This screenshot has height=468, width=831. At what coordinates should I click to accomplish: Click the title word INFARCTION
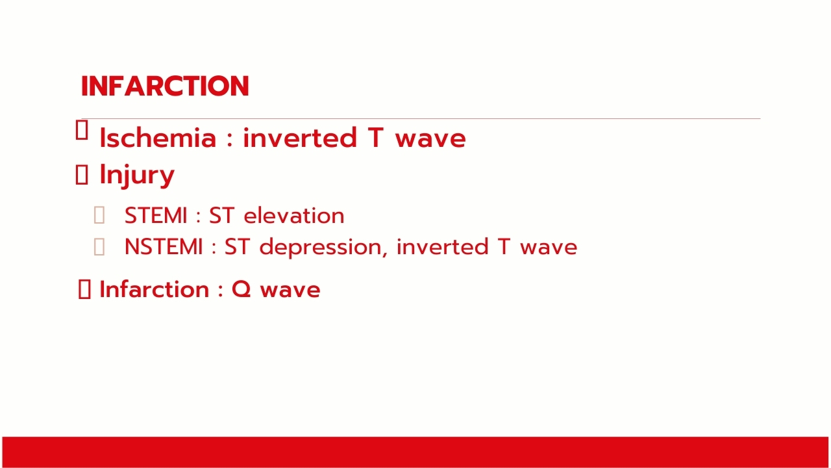(x=165, y=86)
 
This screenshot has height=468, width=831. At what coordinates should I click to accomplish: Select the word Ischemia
(x=158, y=138)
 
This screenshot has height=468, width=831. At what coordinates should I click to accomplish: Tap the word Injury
(x=137, y=175)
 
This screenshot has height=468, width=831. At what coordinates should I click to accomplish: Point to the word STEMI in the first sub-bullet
(x=156, y=215)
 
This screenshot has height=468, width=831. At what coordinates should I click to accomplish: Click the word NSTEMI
(x=164, y=246)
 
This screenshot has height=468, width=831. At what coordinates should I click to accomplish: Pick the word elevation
(x=294, y=215)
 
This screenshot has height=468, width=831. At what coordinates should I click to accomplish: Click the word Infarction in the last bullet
(x=155, y=289)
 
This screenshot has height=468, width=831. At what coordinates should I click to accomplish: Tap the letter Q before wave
(x=241, y=290)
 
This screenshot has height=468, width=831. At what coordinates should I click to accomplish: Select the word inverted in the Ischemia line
(x=300, y=138)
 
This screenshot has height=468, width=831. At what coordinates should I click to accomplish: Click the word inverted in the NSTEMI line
(x=442, y=247)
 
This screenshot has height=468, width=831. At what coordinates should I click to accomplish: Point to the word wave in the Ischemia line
(x=430, y=140)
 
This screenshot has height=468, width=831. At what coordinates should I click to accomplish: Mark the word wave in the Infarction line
(x=290, y=291)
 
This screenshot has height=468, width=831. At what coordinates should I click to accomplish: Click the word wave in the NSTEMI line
(x=549, y=248)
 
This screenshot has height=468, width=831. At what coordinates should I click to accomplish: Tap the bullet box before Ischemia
(x=82, y=129)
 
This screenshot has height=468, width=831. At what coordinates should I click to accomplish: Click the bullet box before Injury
(x=82, y=175)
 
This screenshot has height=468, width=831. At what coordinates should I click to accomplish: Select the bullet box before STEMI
(x=99, y=215)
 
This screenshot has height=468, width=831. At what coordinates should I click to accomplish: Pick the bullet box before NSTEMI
(x=99, y=246)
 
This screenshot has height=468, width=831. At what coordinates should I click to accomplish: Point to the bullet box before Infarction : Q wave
(x=84, y=289)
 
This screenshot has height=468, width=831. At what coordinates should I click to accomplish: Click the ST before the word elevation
(x=221, y=215)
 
